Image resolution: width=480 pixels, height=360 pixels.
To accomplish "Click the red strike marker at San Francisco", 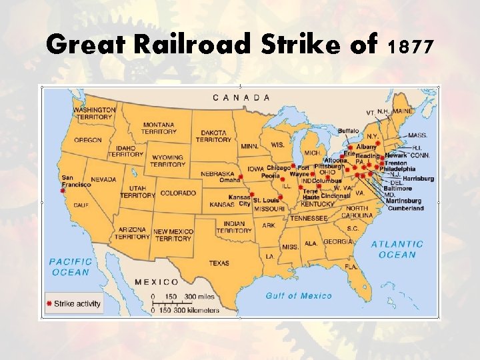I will pos(63,190).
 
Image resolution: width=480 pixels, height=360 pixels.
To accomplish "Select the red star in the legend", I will pos(49,304).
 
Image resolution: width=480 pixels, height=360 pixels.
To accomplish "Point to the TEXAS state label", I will pos(219,263).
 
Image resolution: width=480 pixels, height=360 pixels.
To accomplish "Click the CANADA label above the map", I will pos(241,97).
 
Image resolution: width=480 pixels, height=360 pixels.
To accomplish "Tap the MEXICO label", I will pos(157,282).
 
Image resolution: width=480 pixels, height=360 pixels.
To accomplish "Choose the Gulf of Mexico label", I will pos(299,295).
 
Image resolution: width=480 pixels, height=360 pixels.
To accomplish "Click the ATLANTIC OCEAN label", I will pos(397,249).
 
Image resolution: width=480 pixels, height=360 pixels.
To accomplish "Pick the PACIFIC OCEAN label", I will pos(69,267).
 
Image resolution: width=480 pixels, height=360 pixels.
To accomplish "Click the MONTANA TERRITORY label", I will pos(158,128).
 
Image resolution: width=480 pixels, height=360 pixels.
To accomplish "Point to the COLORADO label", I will pos(178,193).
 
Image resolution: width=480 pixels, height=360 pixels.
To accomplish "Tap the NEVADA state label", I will pos(103,179).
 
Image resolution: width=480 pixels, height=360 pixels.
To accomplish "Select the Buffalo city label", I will pos(349,131).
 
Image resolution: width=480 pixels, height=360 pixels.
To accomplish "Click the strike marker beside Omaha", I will pos(240,177).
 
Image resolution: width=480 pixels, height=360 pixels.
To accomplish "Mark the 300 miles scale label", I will pos(199,296).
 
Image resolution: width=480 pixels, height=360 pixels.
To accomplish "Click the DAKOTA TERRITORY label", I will pos(213,135).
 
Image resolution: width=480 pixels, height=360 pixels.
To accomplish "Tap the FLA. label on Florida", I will pos(351,267).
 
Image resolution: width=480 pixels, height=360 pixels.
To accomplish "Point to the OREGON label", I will pos(88,140).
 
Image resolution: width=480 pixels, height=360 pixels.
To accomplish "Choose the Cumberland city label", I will pos(405,208).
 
